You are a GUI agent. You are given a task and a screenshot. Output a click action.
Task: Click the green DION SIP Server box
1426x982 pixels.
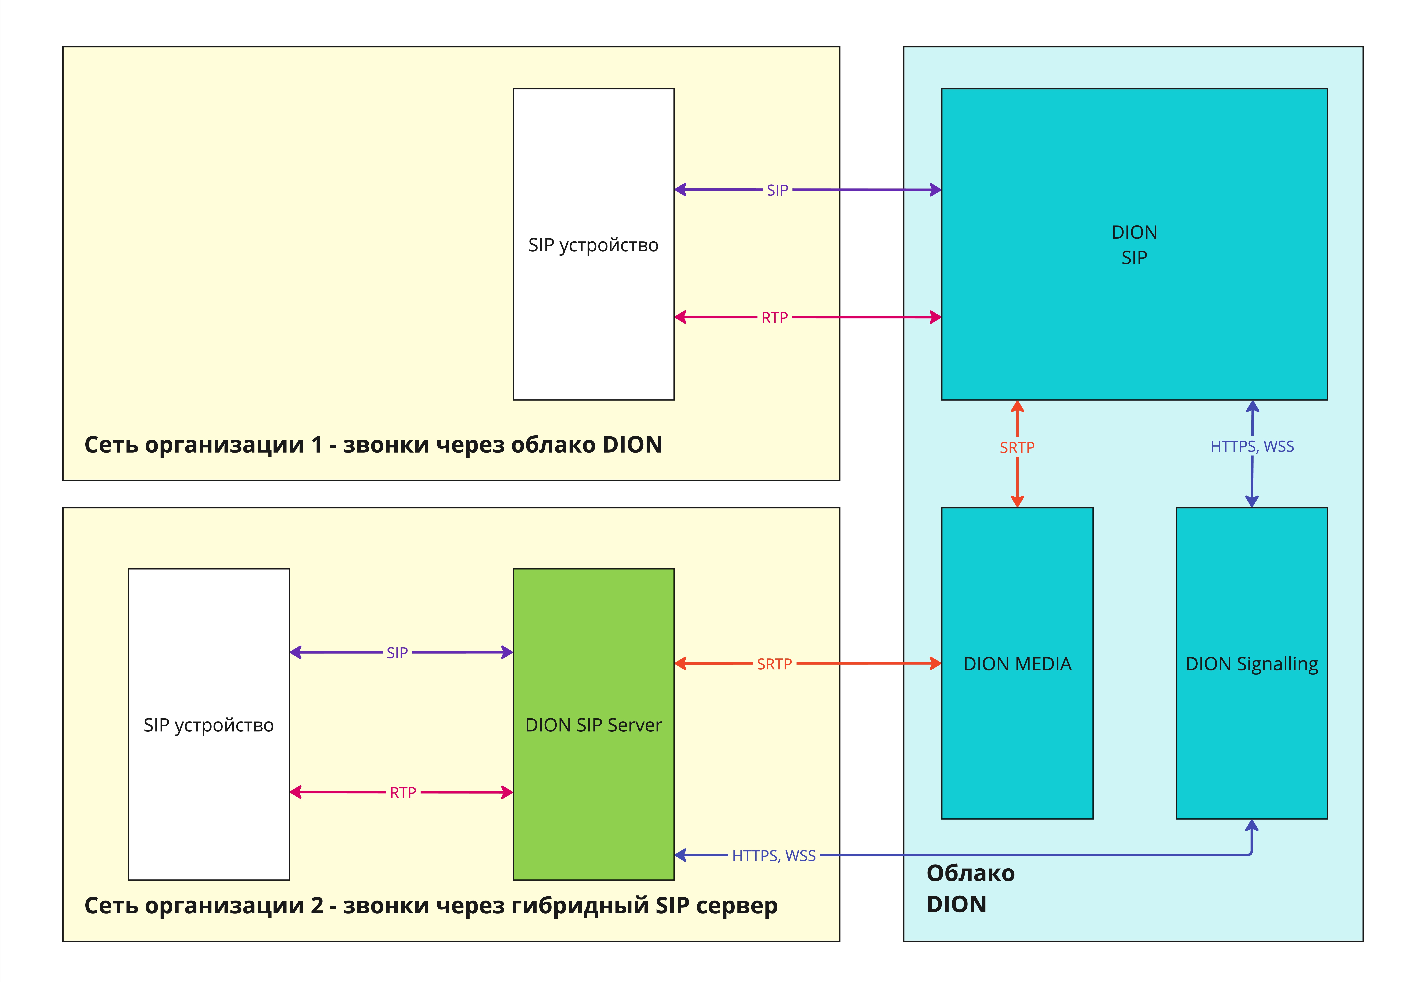pyautogui.click(x=593, y=724)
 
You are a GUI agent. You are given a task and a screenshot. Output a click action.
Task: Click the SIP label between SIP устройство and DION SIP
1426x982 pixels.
pyautogui.click(x=777, y=190)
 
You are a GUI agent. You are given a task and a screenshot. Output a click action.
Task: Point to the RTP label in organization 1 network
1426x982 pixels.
pyautogui.click(x=774, y=317)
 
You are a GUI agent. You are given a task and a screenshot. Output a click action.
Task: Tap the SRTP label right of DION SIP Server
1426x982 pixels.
pyautogui.click(x=774, y=664)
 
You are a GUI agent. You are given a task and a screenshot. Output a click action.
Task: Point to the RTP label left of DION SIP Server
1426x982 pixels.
pyautogui.click(x=403, y=792)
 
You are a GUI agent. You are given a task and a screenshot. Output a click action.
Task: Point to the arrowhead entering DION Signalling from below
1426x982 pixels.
pyautogui.click(x=1252, y=826)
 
